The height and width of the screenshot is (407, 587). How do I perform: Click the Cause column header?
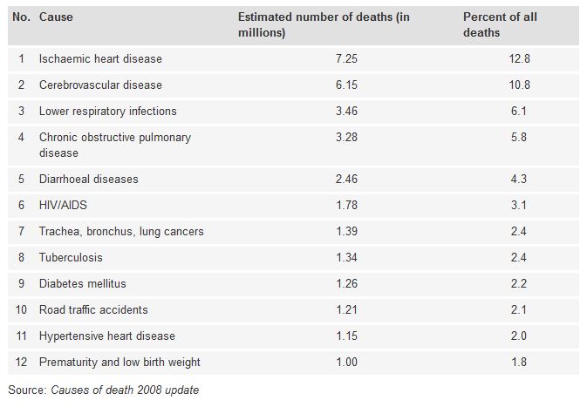55,17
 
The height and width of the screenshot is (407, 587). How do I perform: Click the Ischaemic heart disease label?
100,59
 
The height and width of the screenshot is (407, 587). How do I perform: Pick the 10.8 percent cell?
520,85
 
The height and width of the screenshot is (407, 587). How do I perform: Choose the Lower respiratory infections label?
107,112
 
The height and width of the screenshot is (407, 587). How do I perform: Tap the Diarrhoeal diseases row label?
88,180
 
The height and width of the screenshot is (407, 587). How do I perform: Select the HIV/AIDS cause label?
63,206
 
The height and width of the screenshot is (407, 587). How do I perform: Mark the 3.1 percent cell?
520,206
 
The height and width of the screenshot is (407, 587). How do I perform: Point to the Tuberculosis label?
72,258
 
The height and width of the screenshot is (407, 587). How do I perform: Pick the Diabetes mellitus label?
84,284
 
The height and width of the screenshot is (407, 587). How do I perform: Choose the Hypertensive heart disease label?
106,336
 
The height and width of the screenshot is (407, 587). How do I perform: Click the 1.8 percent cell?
520,363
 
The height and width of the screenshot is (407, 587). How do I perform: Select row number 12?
21,363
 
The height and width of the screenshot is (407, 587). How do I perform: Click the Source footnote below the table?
103,390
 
